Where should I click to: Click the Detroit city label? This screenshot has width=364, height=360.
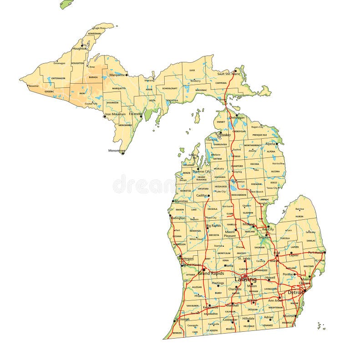tap(295, 292)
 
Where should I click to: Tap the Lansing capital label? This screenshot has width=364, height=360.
tap(245, 279)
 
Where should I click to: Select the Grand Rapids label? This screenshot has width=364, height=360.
tap(211, 274)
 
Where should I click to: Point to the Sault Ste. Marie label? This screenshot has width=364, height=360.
tap(228, 73)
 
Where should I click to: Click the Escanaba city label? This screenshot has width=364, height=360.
tap(135, 114)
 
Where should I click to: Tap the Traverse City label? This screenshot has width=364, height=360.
tap(201, 172)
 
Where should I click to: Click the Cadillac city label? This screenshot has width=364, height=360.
tap(202, 195)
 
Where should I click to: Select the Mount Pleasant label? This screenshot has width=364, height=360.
tap(230, 234)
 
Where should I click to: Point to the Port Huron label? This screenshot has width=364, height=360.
tap(317, 252)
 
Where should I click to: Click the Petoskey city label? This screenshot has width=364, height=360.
tap(224, 135)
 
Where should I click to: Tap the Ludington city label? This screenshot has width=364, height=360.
tap(178, 218)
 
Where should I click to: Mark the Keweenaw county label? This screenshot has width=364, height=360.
tap(94, 34)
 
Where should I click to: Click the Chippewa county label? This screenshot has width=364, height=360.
tap(221, 83)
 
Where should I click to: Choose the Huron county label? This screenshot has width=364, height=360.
tap(299, 217)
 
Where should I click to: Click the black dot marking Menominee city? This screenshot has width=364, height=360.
tap(123, 153)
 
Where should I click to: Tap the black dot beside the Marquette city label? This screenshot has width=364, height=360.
tap(126, 75)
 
